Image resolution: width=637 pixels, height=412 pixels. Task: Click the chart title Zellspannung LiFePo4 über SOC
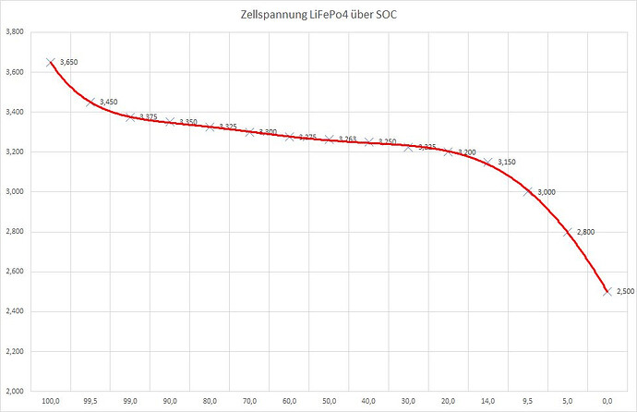(318, 15)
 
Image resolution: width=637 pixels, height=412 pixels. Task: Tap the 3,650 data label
(68, 62)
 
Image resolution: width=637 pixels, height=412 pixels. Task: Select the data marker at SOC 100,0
(51, 62)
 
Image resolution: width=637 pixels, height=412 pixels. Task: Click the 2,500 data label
(625, 292)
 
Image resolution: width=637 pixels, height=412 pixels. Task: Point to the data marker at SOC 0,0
(607, 291)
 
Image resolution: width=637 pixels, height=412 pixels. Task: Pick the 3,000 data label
(546, 192)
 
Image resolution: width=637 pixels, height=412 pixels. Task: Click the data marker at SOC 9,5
(527, 192)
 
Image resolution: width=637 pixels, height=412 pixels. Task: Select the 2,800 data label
(585, 232)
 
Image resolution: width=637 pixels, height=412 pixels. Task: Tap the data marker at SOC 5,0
(567, 232)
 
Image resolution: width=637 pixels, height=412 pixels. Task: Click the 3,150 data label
(506, 163)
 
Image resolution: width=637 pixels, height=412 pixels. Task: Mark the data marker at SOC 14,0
(487, 163)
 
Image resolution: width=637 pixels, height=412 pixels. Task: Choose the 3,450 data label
(109, 102)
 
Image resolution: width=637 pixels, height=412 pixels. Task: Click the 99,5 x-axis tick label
(90, 402)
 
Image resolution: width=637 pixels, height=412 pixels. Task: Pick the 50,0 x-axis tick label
(329, 402)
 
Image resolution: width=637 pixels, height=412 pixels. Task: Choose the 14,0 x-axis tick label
(487, 402)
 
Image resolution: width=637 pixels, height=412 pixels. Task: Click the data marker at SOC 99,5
(90, 102)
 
